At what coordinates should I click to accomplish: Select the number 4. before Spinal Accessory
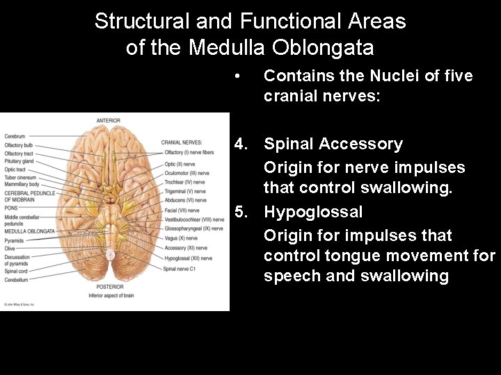[x=242, y=144]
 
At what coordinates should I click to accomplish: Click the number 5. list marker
[x=242, y=212]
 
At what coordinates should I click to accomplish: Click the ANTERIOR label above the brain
[x=109, y=121]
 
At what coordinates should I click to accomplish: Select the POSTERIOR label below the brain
[x=109, y=287]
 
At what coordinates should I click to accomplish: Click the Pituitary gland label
[x=19, y=160]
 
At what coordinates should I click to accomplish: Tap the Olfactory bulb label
[x=19, y=144]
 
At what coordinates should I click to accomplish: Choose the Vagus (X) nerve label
[x=182, y=238]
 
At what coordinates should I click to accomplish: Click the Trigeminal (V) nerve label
[x=185, y=192]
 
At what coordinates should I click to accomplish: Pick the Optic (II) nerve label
[x=180, y=164]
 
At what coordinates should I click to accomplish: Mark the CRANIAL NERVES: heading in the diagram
[x=182, y=143]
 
